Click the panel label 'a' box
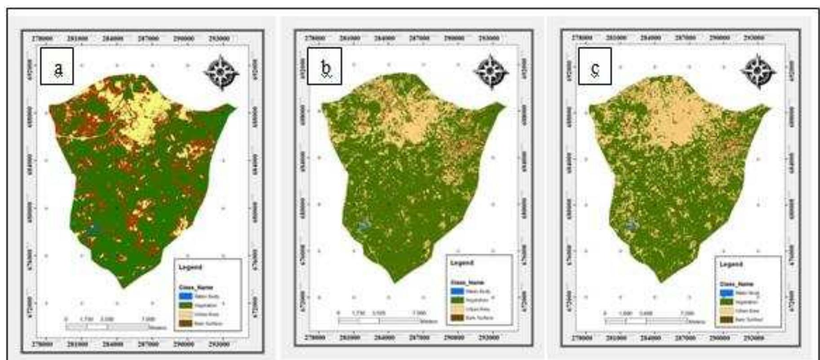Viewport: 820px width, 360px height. click(57, 66)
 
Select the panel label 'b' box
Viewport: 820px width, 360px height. click(324, 67)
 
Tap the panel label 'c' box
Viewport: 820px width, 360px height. click(594, 66)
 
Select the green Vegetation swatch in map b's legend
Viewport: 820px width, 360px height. click(457, 300)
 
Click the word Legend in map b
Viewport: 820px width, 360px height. click(461, 262)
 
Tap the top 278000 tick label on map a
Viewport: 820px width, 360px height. click(43, 39)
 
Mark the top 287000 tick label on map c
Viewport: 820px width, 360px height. click(685, 38)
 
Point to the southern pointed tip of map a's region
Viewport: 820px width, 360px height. click(124, 286)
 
